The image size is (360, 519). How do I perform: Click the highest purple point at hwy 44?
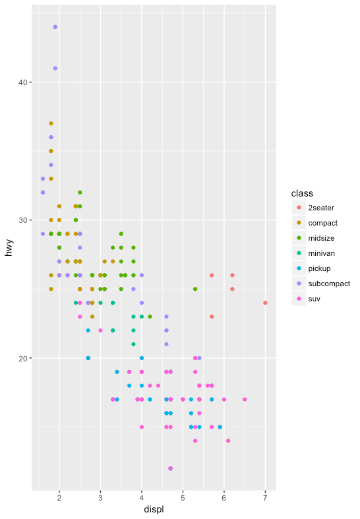click(55, 27)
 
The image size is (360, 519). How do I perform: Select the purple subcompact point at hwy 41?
click(55, 68)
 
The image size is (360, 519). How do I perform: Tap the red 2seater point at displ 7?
click(265, 303)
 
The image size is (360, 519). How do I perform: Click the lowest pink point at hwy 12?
click(171, 468)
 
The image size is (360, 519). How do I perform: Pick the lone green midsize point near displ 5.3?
click(195, 289)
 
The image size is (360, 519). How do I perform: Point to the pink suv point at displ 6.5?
click(245, 399)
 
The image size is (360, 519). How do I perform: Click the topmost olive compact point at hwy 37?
click(51, 123)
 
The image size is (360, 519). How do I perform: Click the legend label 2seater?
click(321, 208)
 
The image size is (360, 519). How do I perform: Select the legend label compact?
click(322, 223)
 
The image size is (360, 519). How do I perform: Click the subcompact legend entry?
click(328, 284)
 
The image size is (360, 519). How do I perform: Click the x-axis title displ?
click(154, 510)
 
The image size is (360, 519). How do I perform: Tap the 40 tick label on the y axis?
click(20, 82)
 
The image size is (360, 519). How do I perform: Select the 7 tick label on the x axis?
click(265, 498)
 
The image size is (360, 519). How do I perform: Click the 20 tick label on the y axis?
click(20, 358)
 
